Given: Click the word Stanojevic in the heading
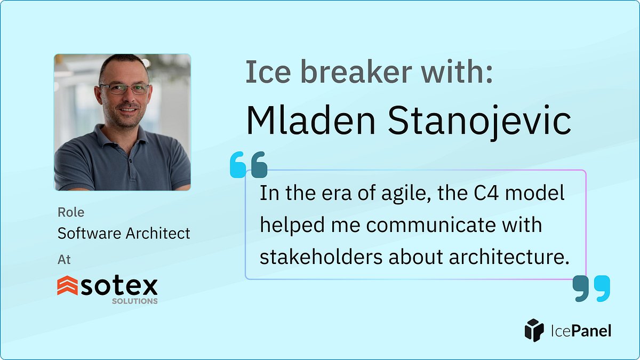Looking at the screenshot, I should coord(479,122).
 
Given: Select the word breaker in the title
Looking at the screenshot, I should coord(339,73).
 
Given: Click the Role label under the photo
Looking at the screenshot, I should coord(71,212).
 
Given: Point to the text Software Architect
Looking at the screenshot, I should coord(124,233).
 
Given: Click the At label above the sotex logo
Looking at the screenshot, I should coord(64,260).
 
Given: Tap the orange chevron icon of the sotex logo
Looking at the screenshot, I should coord(67,286).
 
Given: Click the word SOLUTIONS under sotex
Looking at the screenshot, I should coord(134,301).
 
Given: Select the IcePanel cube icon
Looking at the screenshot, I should coord(534,331).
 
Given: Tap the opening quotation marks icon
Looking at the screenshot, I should coord(248,164).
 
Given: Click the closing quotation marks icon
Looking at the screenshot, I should coord(591,289).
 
